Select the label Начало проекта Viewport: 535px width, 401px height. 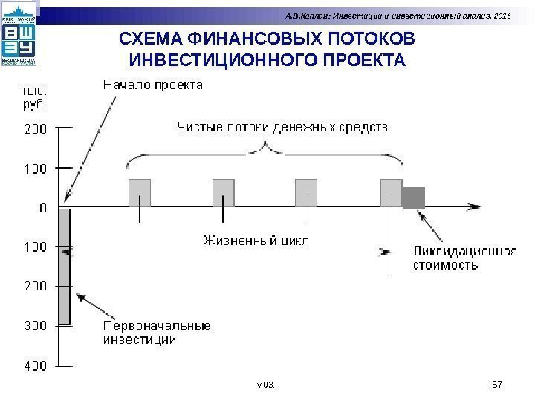[152, 85]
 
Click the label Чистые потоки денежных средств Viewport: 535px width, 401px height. [282, 127]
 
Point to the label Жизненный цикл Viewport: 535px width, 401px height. [256, 241]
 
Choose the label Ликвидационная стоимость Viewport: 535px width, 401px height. [464, 258]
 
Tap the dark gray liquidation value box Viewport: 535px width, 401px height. [413, 197]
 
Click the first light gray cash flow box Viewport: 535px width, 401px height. [140, 192]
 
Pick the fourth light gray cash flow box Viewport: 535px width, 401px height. [391, 192]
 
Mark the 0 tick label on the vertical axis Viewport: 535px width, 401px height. [42, 207]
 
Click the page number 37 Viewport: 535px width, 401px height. [499, 384]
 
